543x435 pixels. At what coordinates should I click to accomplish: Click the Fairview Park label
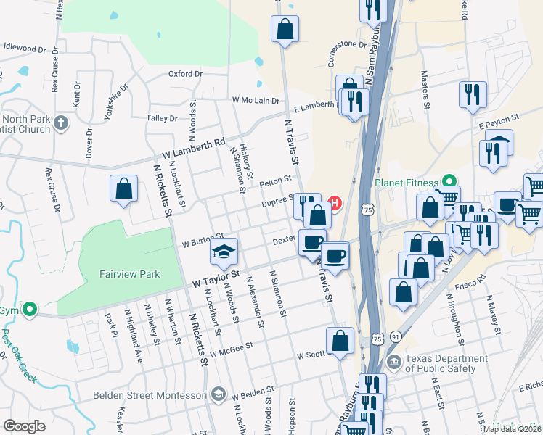point(129,275)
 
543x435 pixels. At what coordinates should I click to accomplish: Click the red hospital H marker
point(335,203)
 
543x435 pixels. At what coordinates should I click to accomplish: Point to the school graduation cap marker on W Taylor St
point(224,252)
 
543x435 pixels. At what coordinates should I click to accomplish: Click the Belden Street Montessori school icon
point(217,395)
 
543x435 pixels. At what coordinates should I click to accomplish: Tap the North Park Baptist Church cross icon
point(61,123)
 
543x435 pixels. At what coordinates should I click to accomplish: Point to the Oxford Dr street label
point(185,74)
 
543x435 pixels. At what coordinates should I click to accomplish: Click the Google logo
point(24,426)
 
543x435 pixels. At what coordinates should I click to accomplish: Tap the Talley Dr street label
point(162,118)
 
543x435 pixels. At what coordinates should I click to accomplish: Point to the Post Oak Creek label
point(9,355)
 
